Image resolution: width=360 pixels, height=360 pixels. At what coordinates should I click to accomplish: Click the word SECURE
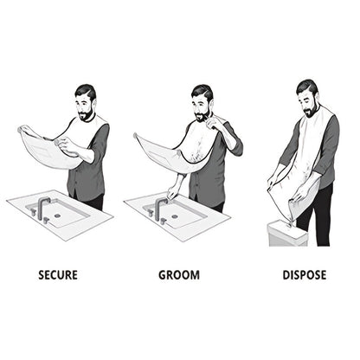58,275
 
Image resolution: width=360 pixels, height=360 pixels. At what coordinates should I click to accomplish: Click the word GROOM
178,275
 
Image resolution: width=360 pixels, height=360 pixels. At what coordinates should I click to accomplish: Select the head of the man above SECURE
85,102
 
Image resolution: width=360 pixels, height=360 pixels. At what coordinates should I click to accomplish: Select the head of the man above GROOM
202,102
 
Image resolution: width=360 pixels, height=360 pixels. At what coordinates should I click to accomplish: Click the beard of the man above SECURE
85,113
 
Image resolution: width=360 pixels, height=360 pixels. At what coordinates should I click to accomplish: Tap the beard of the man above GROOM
201,114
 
